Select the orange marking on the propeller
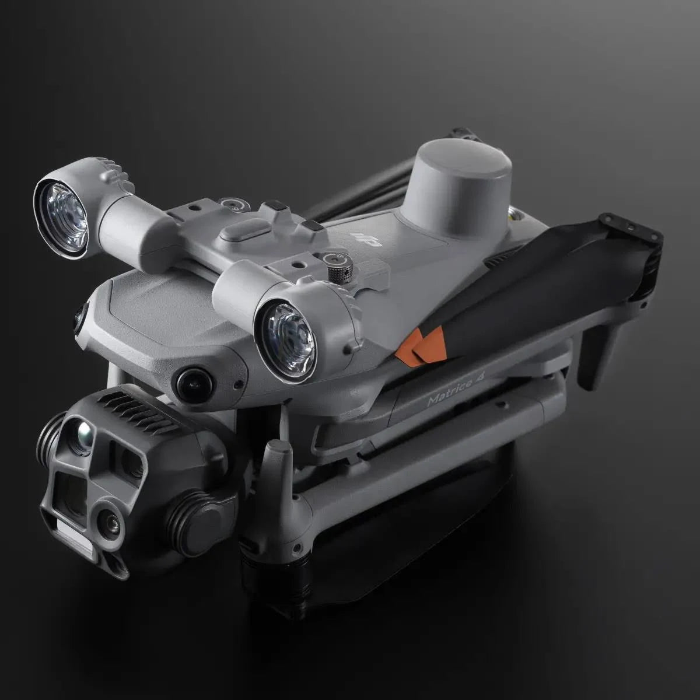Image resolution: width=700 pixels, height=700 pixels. click(x=423, y=344)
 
